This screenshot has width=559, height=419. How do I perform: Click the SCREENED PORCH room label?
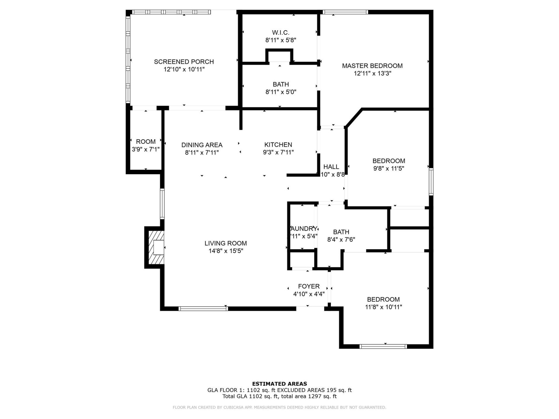click(x=184, y=62)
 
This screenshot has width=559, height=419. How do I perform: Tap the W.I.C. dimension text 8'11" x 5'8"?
click(x=281, y=40)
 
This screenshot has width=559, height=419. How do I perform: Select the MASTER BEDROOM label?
click(x=372, y=66)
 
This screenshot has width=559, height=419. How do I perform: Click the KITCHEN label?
click(x=278, y=145)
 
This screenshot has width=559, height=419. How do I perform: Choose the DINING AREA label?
click(x=202, y=145)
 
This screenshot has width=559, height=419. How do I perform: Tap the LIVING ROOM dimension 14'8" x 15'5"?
click(x=226, y=251)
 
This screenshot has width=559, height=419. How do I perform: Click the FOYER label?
click(x=309, y=286)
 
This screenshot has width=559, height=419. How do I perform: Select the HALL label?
click(x=331, y=167)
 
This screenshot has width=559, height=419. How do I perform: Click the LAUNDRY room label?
click(x=304, y=229)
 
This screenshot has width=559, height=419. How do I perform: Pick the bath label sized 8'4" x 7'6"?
click(x=341, y=232)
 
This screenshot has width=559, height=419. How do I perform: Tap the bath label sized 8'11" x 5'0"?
click(x=281, y=84)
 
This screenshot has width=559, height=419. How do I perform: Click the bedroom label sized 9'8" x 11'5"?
click(x=389, y=161)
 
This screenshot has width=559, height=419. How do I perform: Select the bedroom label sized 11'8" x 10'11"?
click(x=383, y=299)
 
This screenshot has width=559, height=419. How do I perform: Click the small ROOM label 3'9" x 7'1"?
click(x=146, y=142)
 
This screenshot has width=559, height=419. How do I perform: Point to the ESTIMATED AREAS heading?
click(x=279, y=384)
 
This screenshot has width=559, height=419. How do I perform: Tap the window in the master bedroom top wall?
click(x=345, y=12)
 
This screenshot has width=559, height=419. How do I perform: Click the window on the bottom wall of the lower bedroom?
click(x=383, y=346)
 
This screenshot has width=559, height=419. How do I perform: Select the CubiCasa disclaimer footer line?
click(x=279, y=407)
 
